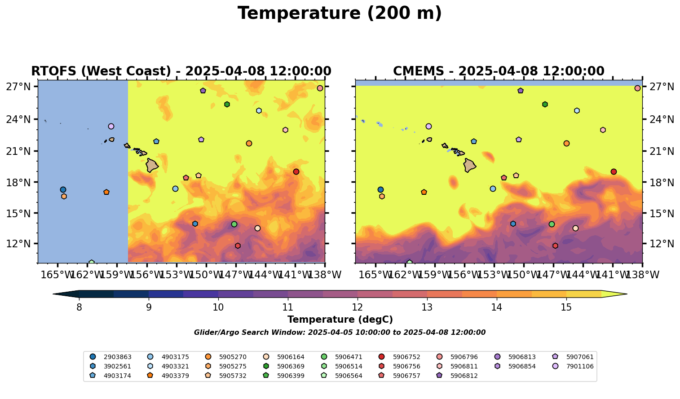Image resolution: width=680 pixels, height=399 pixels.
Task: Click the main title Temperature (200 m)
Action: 340,13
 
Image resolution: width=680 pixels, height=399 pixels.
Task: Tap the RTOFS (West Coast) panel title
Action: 181,71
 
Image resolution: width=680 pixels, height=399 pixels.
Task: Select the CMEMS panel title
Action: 499,71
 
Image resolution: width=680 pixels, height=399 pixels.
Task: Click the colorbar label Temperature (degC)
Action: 340,320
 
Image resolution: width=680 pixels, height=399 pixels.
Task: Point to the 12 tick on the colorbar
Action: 358,307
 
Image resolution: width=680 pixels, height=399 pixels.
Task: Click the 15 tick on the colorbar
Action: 566,307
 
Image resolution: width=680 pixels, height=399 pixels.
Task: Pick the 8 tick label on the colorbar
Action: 79,307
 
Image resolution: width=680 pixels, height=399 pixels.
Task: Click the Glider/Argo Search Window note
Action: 340,333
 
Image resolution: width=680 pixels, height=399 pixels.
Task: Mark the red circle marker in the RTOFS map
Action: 296,171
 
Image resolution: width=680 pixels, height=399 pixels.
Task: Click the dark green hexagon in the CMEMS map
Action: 545,104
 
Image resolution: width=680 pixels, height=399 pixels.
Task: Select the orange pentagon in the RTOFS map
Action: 106,192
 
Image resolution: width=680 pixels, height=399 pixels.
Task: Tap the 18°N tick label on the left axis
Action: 18,182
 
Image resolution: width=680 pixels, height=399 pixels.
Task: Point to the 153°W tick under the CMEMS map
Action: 494,275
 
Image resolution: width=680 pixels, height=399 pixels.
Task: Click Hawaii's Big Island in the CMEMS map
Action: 470,165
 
